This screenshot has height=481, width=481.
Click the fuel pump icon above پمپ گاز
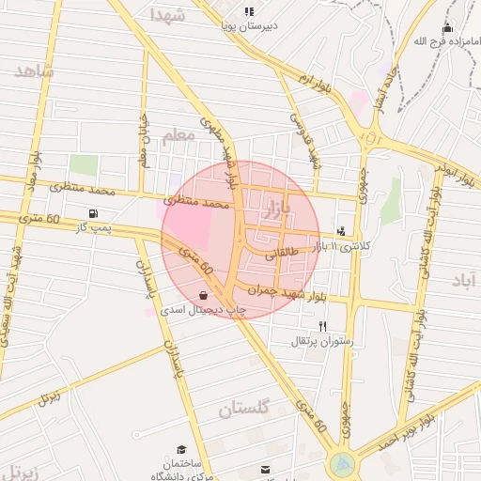[x=92, y=213]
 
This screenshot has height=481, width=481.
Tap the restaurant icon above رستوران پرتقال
[x=323, y=326]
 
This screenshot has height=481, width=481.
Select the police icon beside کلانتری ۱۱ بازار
[x=340, y=230]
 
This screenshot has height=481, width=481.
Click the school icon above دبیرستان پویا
[x=248, y=12]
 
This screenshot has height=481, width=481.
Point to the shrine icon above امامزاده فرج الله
[x=446, y=28]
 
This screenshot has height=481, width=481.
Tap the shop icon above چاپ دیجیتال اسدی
[x=204, y=294]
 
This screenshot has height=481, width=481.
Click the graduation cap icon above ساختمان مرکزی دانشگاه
[x=181, y=450]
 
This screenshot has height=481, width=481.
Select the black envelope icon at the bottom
[x=266, y=469]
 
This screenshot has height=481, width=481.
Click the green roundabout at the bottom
[x=343, y=464]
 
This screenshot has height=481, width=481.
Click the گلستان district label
[x=244, y=408]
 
